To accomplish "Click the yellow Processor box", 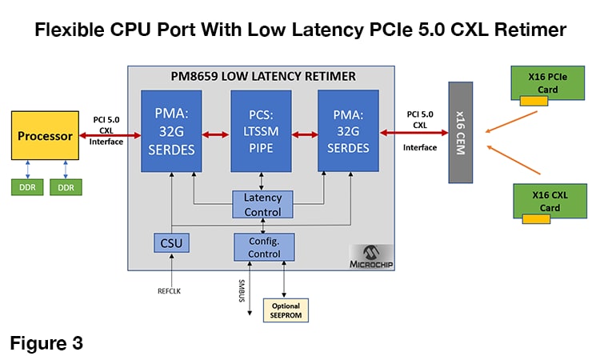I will click(x=46, y=137).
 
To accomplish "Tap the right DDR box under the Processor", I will click(x=66, y=188).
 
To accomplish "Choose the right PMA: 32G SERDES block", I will click(x=349, y=130).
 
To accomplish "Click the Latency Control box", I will click(x=262, y=205).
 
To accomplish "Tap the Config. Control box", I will click(x=262, y=247).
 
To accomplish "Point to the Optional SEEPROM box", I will click(x=286, y=310).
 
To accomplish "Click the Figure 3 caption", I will click(x=46, y=343).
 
